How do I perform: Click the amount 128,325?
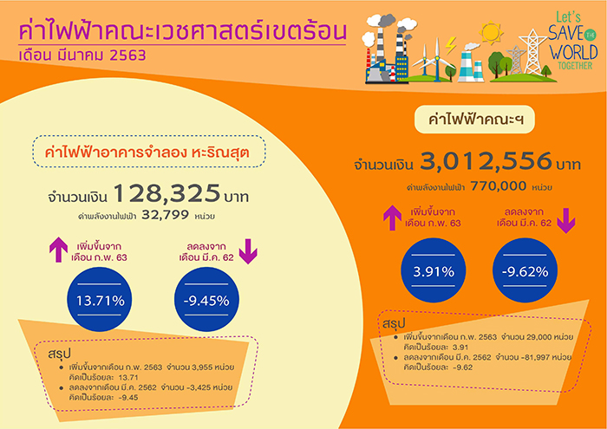(x=167, y=193)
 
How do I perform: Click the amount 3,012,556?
(x=486, y=161)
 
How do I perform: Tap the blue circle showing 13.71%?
(x=100, y=299)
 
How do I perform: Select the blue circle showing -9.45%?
(x=206, y=299)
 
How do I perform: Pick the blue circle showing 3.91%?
(x=434, y=270)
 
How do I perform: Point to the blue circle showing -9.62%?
(x=525, y=270)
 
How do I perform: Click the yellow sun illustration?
(x=491, y=32)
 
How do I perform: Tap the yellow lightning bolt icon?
(x=450, y=45)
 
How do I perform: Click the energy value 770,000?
(x=499, y=186)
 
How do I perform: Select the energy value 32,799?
(x=166, y=215)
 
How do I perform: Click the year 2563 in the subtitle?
(x=127, y=55)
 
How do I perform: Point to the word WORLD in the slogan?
(x=574, y=52)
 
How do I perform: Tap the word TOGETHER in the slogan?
(x=575, y=65)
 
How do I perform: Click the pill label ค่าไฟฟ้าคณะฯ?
(x=474, y=119)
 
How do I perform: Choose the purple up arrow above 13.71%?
(x=58, y=250)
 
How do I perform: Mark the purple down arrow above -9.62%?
(x=566, y=220)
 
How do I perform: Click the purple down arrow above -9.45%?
(x=248, y=251)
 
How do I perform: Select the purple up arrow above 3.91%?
(x=392, y=218)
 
